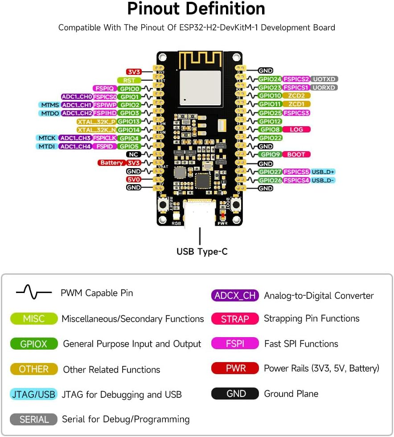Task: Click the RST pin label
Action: [x=129, y=80]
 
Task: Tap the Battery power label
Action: [x=111, y=163]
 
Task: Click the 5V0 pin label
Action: [x=134, y=179]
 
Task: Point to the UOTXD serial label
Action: [x=324, y=79]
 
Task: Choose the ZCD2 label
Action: [x=296, y=95]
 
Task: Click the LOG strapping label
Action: [x=296, y=129]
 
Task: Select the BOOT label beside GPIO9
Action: [x=296, y=154]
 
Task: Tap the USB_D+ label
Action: [x=323, y=172]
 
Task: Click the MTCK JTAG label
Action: [x=46, y=138]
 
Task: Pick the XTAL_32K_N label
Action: [x=97, y=130]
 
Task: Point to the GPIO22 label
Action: [x=270, y=138]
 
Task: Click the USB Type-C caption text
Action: [x=202, y=251]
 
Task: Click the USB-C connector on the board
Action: [x=199, y=214]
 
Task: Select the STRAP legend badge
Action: [x=235, y=319]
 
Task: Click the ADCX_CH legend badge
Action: [x=235, y=295]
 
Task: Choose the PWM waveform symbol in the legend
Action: [x=34, y=293]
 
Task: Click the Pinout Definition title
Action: [x=196, y=8]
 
